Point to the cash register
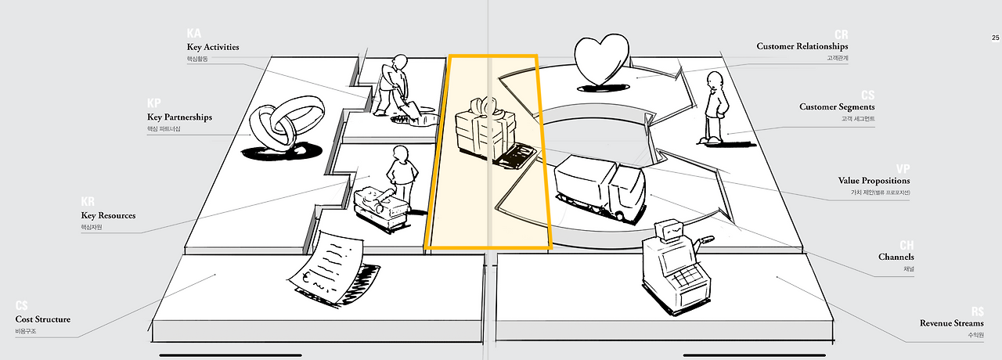tap(672, 266)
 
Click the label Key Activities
tap(213, 47)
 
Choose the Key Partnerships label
tap(179, 117)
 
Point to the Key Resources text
tap(108, 215)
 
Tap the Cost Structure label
tap(43, 319)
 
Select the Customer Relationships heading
tap(802, 46)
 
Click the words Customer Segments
tap(837, 106)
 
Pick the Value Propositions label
tap(874, 181)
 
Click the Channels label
tap(896, 257)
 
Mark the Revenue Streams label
tap(951, 323)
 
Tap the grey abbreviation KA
tap(194, 34)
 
